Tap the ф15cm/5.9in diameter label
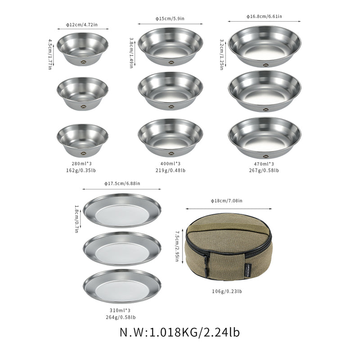pyautogui.click(x=170, y=18)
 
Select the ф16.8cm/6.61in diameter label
pyautogui.click(x=264, y=16)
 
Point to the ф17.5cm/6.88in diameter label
pyautogui.click(x=122, y=183)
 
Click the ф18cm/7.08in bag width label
pyautogui.click(x=227, y=201)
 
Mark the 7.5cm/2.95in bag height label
pyautogui.click(x=178, y=247)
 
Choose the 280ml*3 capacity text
pyautogui.click(x=82, y=164)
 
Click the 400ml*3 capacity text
pyautogui.click(x=170, y=164)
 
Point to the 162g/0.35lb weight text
pyautogui.click(x=82, y=171)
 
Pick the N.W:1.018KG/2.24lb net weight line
pyautogui.click(x=180, y=333)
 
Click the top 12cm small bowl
pyautogui.click(x=82, y=49)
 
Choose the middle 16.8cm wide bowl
pyautogui.click(x=265, y=90)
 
